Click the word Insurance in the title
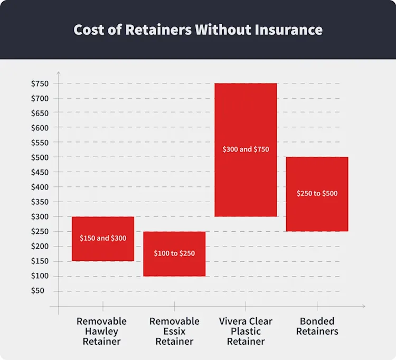288,30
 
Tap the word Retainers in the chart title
158,30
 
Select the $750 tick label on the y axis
40,83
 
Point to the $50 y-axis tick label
37,290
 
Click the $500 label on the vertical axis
40,157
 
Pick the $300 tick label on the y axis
40,216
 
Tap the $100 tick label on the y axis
40,276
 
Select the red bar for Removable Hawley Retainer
103,239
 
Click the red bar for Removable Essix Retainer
174,254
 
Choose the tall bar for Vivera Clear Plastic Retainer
246,150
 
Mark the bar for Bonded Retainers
317,194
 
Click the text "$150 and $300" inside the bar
103,238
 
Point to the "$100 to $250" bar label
174,253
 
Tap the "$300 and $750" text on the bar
246,149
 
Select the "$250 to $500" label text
317,193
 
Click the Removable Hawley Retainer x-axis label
101,331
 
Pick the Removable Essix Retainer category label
174,331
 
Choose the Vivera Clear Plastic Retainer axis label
246,331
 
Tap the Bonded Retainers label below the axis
317,326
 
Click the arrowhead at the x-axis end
364,306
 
